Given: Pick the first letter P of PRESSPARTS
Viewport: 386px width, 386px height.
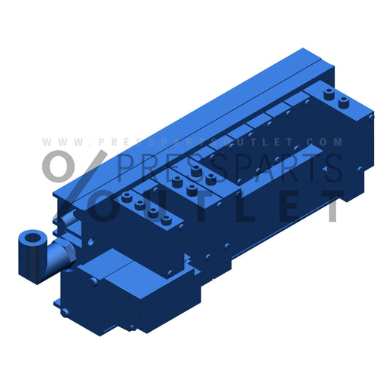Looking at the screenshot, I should click(127, 167).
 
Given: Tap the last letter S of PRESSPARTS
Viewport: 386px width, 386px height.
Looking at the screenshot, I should click(332, 167).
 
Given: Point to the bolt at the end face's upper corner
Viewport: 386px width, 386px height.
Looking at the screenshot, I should click(370, 118).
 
